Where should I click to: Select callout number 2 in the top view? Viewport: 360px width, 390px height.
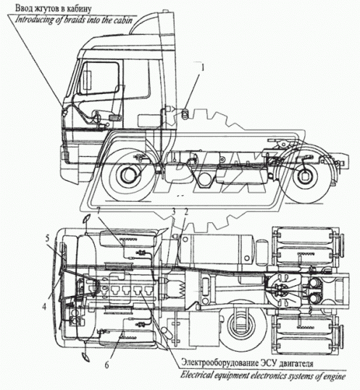(185, 211)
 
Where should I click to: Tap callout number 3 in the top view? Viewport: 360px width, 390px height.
(173, 211)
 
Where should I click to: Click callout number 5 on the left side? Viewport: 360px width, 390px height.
(46, 237)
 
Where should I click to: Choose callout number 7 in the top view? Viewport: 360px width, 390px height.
(99, 211)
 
